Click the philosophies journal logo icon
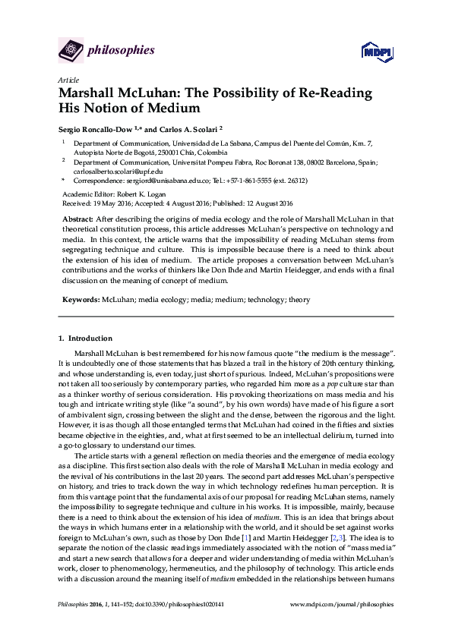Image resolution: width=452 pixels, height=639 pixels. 71,52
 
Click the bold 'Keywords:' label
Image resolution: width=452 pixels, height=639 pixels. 80,300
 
